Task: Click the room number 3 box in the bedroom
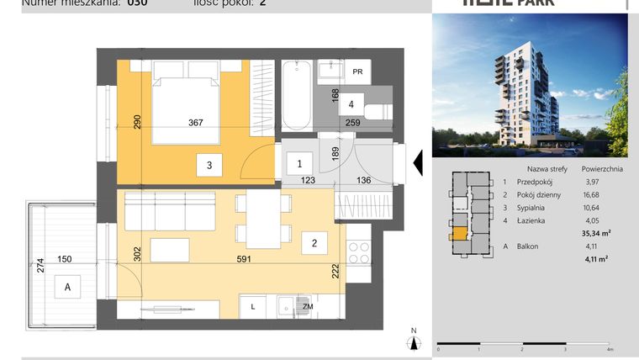pyautogui.click(x=209, y=166)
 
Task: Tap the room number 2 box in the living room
pyautogui.click(x=314, y=244)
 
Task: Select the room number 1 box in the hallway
pyautogui.click(x=300, y=163)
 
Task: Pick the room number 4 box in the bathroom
pyautogui.click(x=351, y=105)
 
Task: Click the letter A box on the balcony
pyautogui.click(x=66, y=287)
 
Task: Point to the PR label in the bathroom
pyautogui.click(x=358, y=72)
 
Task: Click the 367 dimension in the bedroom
pyautogui.click(x=196, y=123)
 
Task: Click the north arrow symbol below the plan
pyautogui.click(x=414, y=341)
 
